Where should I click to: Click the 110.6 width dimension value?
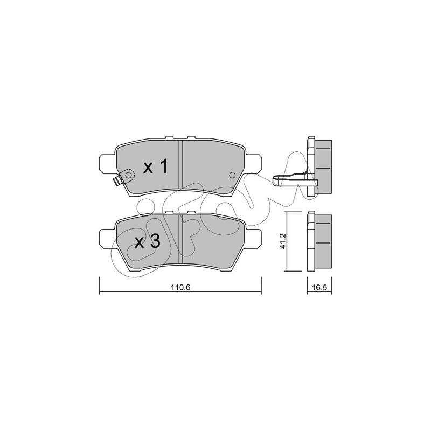pyautogui.click(x=180, y=288)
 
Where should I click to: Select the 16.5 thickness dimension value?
pyautogui.click(x=319, y=288)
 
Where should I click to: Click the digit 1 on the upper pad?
pyautogui.click(x=164, y=166)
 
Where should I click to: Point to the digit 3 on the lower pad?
pyautogui.click(x=155, y=241)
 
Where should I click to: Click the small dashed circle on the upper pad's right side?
pyautogui.click(x=232, y=175)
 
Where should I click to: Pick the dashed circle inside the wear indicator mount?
pyautogui.click(x=128, y=175)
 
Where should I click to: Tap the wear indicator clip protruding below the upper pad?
pyautogui.click(x=119, y=180)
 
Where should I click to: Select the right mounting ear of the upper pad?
pyautogui.click(x=253, y=163)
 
